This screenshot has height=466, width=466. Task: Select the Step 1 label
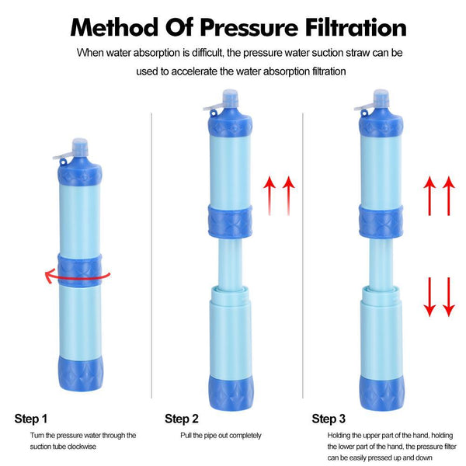[x=31, y=419]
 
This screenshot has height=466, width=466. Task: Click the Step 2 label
[x=182, y=419]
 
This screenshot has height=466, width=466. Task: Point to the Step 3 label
[x=329, y=419]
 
